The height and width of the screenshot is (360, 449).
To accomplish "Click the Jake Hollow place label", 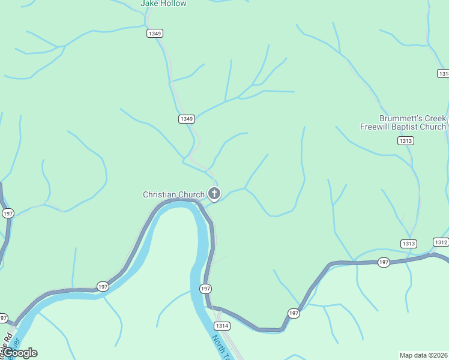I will tap(163, 4).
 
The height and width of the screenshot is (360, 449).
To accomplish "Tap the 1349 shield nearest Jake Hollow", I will tap(155, 34).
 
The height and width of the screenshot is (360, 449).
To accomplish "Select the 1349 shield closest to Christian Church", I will tap(186, 119).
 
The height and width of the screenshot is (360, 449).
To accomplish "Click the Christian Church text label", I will tap(173, 194).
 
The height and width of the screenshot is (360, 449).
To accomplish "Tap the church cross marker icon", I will tap(214, 193).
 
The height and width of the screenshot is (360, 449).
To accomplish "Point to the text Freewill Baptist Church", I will tap(403, 127).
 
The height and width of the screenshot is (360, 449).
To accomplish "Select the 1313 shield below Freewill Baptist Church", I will tap(405, 140).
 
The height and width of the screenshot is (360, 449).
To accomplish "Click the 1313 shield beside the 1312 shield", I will tap(409, 243).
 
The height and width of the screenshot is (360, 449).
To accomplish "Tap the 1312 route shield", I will tap(440, 242).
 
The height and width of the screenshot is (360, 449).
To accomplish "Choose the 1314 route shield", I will tap(222, 326).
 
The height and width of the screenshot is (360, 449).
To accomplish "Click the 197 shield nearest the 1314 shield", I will tap(205, 289).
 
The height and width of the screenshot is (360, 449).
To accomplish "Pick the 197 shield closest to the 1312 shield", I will tap(384, 262).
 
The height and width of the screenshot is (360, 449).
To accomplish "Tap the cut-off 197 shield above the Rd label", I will tap(3, 318).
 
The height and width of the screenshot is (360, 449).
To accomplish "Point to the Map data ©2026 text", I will tap(424, 355).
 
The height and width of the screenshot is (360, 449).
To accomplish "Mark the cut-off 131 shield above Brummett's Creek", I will tap(444, 73).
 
